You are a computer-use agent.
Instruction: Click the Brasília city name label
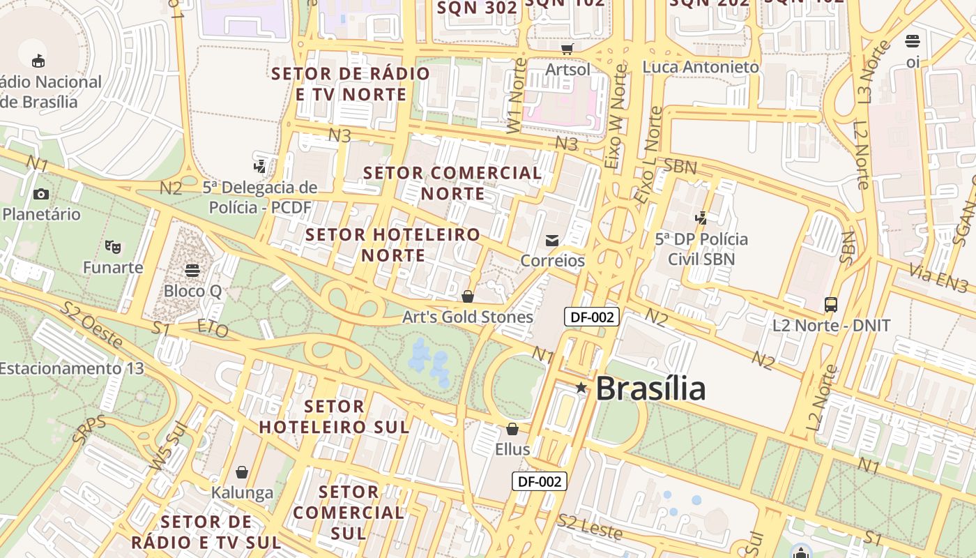tap(650, 389)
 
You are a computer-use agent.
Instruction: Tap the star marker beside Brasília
tap(581, 387)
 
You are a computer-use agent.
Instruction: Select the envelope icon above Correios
tap(552, 241)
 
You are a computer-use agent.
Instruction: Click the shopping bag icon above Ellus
tap(512, 429)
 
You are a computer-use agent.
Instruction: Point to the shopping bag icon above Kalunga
tap(242, 472)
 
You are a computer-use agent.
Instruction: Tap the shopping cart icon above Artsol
tap(567, 49)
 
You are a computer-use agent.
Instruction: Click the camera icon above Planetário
tap(41, 194)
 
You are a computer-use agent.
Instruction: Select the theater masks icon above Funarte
tap(112, 246)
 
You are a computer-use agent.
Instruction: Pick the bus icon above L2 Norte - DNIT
tap(831, 304)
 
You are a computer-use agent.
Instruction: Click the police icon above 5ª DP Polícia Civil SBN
tap(701, 218)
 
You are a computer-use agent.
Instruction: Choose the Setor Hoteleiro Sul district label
tap(335, 416)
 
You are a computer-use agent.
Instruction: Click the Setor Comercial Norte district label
tap(452, 183)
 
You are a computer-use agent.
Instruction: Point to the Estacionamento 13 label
tap(71, 368)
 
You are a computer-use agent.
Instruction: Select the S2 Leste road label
tap(590, 527)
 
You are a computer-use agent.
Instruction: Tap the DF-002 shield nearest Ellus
tap(540, 481)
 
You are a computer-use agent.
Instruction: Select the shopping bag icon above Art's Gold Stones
tap(468, 296)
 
